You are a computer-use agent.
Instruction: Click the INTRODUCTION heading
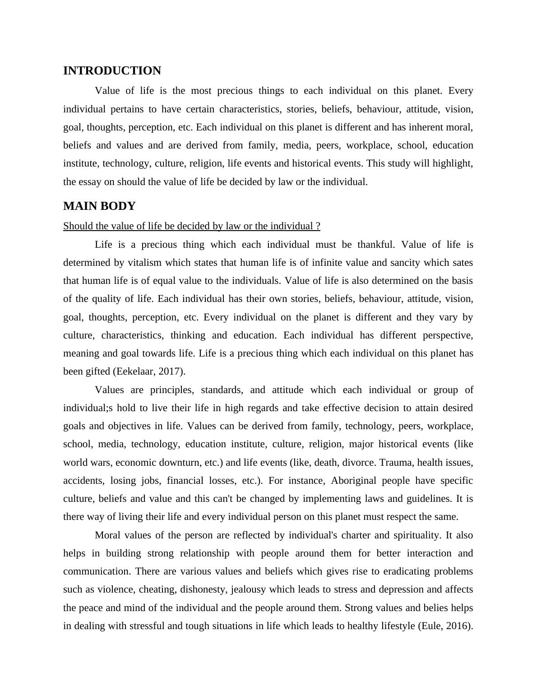pos(112,71)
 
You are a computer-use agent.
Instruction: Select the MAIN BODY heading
pos(99,206)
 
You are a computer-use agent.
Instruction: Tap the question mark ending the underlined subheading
pos(318,226)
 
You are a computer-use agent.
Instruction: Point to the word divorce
pos(359,463)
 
